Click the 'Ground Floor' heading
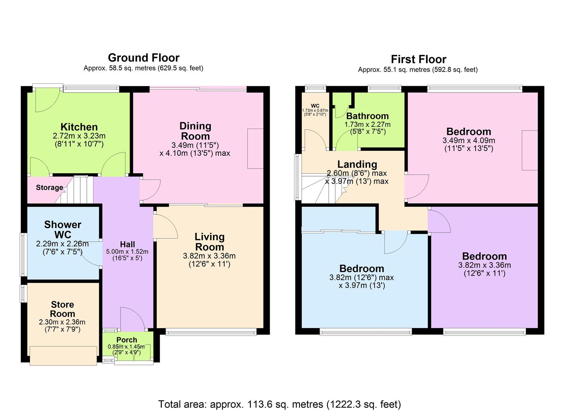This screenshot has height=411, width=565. (143, 58)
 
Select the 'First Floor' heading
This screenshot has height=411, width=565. (418, 59)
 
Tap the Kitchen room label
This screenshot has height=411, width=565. (79, 127)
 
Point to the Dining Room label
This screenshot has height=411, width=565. (195, 131)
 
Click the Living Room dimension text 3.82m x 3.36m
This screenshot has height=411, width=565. (209, 256)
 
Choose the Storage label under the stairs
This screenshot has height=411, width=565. (49, 188)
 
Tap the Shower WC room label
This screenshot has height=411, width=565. (63, 229)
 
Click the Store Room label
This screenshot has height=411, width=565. (62, 309)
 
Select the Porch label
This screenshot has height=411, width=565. (127, 340)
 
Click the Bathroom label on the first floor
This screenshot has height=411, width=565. (368, 116)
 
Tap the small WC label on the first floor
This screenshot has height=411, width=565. (315, 106)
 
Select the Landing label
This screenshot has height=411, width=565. (357, 164)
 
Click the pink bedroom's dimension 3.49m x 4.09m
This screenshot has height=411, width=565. (469, 140)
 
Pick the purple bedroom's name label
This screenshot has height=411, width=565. (484, 256)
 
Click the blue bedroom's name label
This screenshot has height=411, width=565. (361, 269)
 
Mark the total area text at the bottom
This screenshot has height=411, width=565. (280, 404)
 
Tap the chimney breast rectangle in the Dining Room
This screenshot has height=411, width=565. (255, 148)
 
